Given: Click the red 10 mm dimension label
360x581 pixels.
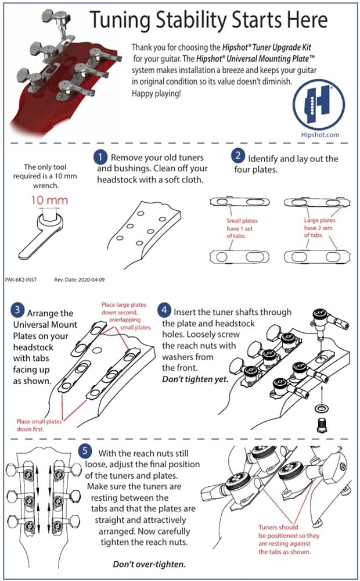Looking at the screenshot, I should click(x=51, y=201).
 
